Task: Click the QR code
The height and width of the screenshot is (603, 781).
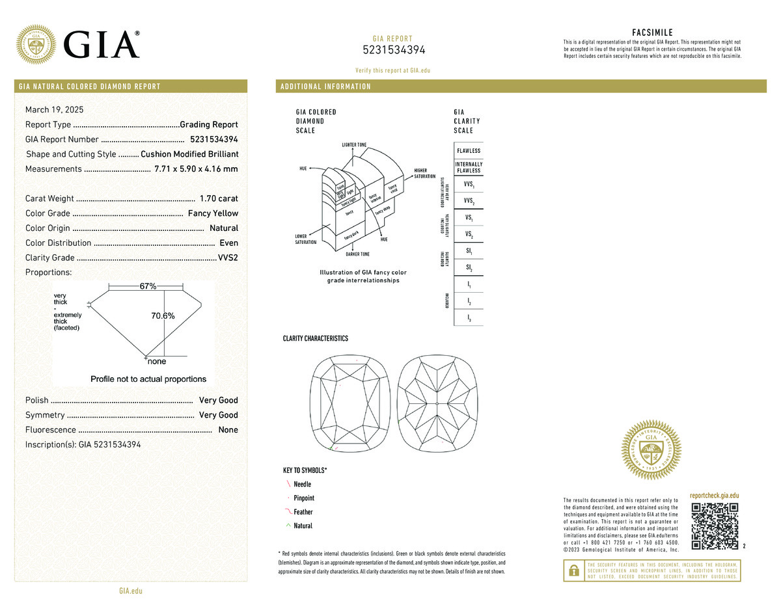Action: click(715, 526)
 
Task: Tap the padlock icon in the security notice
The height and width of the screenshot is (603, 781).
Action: click(573, 570)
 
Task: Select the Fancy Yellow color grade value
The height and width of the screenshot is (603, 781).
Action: click(213, 213)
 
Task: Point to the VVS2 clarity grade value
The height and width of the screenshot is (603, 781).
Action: click(228, 258)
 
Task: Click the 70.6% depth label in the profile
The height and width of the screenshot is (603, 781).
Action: click(163, 315)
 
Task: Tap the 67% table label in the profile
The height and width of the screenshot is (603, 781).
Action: click(148, 286)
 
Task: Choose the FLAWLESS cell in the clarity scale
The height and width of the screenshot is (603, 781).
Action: click(469, 151)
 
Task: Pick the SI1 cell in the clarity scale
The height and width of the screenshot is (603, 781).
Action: click(469, 250)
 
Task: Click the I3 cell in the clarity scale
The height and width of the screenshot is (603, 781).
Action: click(469, 317)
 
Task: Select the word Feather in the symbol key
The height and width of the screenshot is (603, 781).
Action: click(303, 512)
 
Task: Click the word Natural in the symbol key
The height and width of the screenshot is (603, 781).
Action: click(303, 526)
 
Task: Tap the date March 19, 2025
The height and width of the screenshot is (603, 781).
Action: click(54, 109)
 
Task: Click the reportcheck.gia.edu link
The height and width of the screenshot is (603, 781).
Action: click(714, 496)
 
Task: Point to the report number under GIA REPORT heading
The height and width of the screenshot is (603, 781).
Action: click(394, 50)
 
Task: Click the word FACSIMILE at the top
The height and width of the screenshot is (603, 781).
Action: click(652, 33)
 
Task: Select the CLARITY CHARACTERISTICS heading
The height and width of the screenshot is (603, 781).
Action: click(315, 339)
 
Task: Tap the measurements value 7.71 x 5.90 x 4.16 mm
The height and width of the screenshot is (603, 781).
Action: click(196, 169)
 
